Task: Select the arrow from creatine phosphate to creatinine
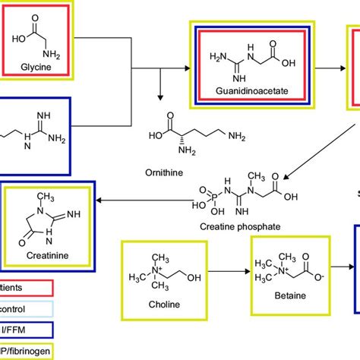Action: (x=145, y=201)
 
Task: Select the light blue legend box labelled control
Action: (x=23, y=310)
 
